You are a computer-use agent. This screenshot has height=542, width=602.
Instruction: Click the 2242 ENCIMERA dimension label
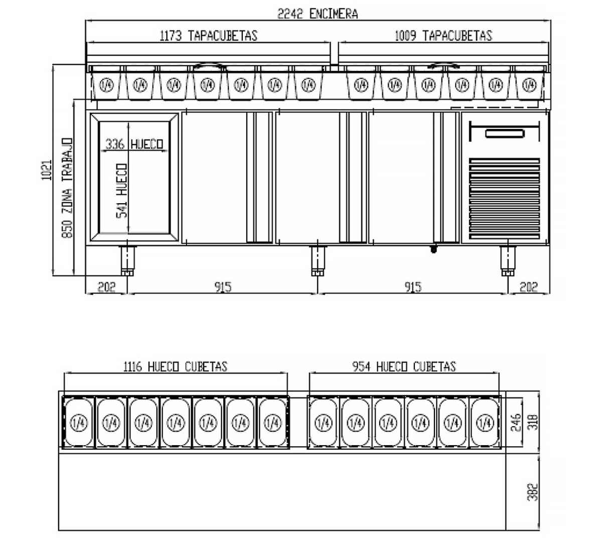point(318,14)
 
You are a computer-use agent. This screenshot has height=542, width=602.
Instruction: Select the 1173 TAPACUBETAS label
point(208,36)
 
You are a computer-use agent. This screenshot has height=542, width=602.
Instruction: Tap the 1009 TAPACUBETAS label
point(443,36)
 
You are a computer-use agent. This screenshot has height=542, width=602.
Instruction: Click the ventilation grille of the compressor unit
point(504,199)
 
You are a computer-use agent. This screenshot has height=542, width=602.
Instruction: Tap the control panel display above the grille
point(504,133)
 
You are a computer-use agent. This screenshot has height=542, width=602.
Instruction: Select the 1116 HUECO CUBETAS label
point(175,367)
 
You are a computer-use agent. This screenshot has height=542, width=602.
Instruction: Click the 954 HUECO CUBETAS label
point(404,367)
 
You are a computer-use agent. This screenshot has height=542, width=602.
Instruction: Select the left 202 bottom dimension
point(106,287)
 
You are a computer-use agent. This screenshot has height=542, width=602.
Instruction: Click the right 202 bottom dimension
point(529,287)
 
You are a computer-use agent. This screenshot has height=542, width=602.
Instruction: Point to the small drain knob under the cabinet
point(434,248)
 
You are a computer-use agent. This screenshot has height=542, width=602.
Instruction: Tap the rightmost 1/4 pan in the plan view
point(484,423)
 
